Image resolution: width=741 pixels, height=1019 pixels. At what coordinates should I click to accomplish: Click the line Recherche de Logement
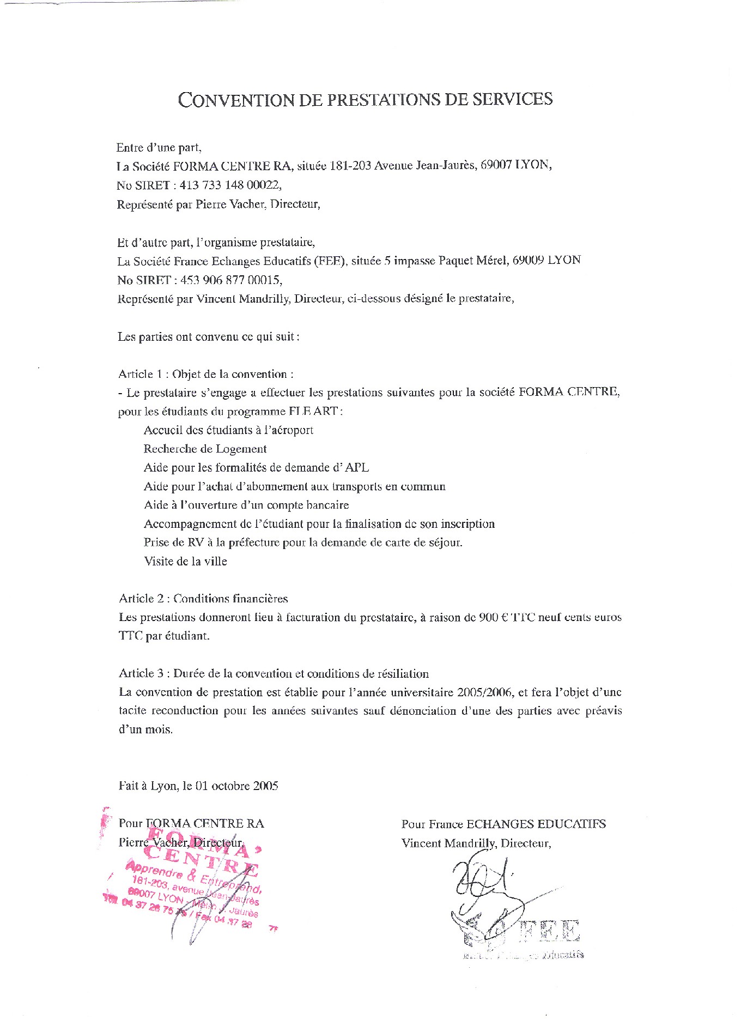point(205,449)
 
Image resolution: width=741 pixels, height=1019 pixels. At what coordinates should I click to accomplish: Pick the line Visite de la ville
point(185,562)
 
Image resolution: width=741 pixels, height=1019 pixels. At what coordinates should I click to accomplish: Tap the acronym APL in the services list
point(357,468)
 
